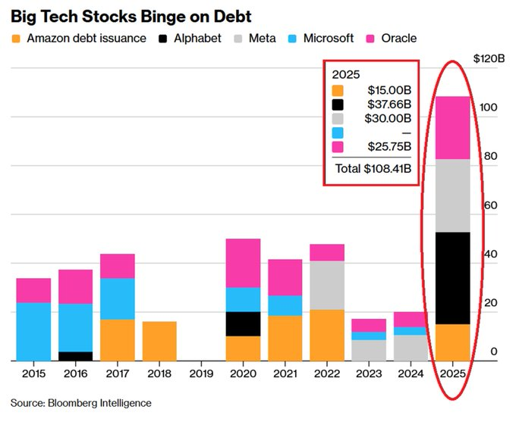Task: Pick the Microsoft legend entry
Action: tap(329, 38)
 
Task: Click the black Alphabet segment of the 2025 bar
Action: tap(452, 277)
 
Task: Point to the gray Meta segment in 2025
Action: tap(452, 195)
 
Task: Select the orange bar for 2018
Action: tap(159, 341)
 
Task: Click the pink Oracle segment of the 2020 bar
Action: tap(243, 263)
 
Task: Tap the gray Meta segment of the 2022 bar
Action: tap(326, 285)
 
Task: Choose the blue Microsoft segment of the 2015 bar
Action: tap(33, 331)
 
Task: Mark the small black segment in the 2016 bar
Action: tap(75, 356)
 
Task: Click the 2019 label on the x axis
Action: tap(201, 373)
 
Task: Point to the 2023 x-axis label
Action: tap(368, 373)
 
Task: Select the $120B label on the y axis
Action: tap(489, 58)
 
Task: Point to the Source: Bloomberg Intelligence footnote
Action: tap(81, 403)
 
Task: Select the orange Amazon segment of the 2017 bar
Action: tap(118, 339)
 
